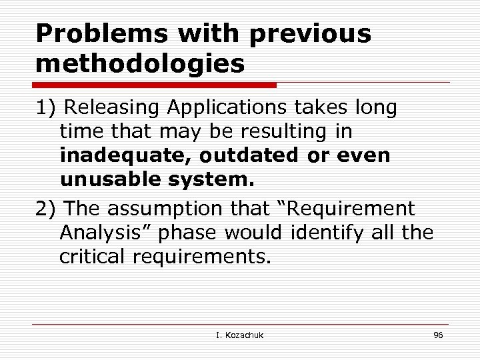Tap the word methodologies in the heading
pyautogui.click(x=140, y=65)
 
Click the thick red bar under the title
pyautogui.click(x=155, y=85)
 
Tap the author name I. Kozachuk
pyautogui.click(x=240, y=335)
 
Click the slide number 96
pyautogui.click(x=438, y=335)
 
